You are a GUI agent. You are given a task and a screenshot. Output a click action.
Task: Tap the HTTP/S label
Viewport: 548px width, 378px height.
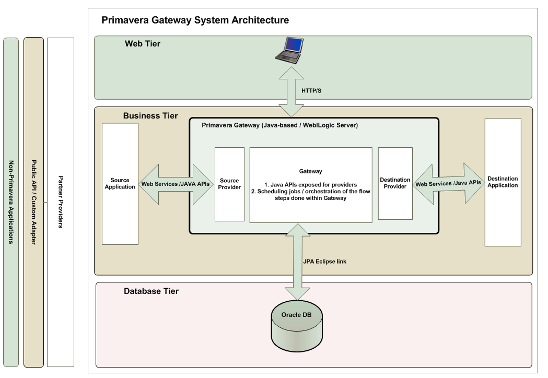coord(312,90)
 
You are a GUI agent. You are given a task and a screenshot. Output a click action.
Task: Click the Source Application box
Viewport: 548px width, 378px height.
coord(120,184)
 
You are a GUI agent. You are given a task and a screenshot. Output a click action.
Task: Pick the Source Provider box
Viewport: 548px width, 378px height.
coord(229,184)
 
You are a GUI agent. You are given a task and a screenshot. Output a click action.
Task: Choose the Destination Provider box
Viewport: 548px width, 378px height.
coord(395,183)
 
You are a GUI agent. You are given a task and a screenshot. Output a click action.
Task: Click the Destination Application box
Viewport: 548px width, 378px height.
coord(503,182)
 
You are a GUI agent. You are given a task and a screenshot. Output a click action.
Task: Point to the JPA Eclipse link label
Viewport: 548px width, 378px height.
coord(324,261)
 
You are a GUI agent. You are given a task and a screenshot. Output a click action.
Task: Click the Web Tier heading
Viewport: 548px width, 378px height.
coord(142,44)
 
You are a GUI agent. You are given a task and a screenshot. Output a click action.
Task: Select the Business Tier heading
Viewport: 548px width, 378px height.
coord(150,115)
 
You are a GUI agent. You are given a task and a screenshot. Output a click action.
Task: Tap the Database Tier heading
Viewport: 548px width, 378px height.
coord(151,291)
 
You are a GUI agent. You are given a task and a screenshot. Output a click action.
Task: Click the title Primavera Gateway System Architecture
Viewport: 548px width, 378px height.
coord(195,20)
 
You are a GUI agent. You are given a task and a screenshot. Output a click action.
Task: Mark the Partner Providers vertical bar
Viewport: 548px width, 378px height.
coord(61,202)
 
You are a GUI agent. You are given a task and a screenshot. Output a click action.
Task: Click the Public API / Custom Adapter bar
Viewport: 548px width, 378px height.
coord(33,202)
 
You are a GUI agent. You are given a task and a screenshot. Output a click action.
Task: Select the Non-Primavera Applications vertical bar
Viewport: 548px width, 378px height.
coord(10,202)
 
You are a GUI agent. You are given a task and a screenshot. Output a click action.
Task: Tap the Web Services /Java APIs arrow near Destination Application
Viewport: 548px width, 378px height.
coord(448,183)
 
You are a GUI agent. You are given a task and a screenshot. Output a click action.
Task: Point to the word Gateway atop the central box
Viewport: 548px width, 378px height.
coord(310,171)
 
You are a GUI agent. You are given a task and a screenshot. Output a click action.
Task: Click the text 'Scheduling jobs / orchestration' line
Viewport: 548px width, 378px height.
coord(310,191)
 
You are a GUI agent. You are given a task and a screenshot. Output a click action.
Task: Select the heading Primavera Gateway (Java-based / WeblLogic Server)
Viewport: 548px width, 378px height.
coord(279,126)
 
